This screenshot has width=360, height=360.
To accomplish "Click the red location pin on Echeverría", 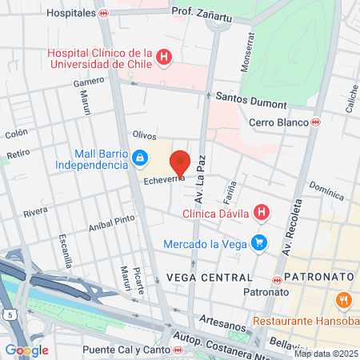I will pyautogui.click(x=180, y=162).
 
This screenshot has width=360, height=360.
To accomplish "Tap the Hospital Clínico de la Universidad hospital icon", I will pyautogui.click(x=164, y=57).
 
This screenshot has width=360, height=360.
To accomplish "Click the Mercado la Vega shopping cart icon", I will pyautogui.click(x=258, y=242).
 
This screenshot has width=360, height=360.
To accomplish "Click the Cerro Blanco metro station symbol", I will pyautogui.click(x=316, y=122).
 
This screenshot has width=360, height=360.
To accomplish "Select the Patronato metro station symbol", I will pyautogui.click(x=278, y=280).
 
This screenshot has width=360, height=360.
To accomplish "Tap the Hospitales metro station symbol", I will pyautogui.click(x=103, y=14).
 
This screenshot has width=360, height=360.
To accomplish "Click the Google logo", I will pyautogui.click(x=26, y=350).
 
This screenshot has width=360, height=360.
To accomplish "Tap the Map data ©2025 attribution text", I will pyautogui.click(x=326, y=354).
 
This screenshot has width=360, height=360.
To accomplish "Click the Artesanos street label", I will pyautogui.click(x=222, y=318).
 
